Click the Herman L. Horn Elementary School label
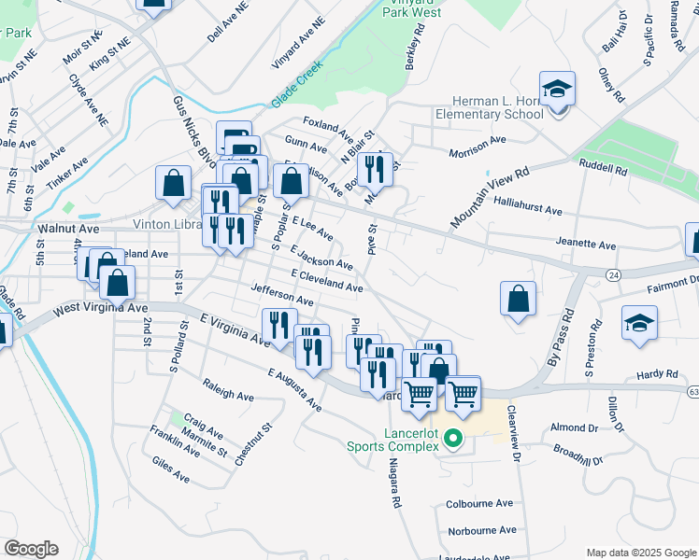(x=489, y=107)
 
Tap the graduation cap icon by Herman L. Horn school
(x=557, y=90)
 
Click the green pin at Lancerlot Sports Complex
(x=454, y=437)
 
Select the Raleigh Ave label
(x=228, y=390)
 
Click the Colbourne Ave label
(x=480, y=503)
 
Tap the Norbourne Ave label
(x=481, y=530)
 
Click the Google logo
(x=31, y=549)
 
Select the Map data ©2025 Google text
(x=641, y=553)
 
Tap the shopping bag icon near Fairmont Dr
(x=518, y=299)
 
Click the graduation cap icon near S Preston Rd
(x=639, y=324)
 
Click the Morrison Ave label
(x=477, y=141)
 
